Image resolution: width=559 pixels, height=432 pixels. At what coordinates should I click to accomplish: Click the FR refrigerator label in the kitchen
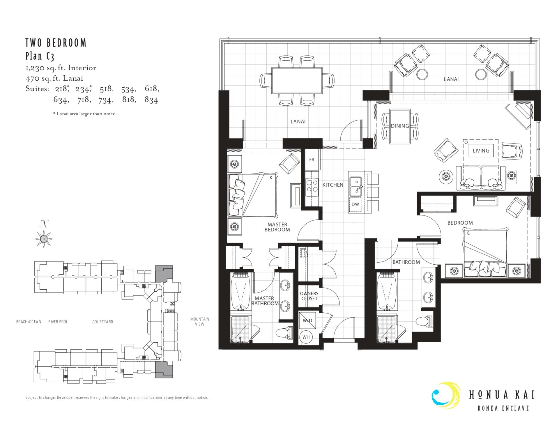312,160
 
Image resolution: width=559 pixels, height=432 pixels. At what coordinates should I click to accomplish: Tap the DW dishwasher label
355,204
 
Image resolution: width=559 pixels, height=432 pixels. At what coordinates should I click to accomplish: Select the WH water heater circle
306,337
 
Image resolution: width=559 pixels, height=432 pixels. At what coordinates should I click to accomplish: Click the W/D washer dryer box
307,321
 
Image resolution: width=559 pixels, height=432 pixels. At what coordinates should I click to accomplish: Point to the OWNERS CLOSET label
309,296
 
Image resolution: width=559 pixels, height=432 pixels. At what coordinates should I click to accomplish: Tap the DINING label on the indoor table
400,126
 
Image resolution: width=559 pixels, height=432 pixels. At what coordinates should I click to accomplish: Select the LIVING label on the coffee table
481,151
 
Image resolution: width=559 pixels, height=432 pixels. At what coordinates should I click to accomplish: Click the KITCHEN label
333,185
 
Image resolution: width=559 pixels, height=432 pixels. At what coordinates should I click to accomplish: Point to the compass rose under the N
44,239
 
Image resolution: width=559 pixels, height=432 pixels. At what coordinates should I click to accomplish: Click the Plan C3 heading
40,56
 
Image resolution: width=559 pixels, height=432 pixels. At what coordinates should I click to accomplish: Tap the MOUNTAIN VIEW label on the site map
200,321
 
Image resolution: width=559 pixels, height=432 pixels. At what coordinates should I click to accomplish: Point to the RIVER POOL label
58,322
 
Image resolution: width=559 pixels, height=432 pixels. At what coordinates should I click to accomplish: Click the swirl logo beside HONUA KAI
446,396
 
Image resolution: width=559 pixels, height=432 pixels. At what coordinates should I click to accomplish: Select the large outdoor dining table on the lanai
297,80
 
